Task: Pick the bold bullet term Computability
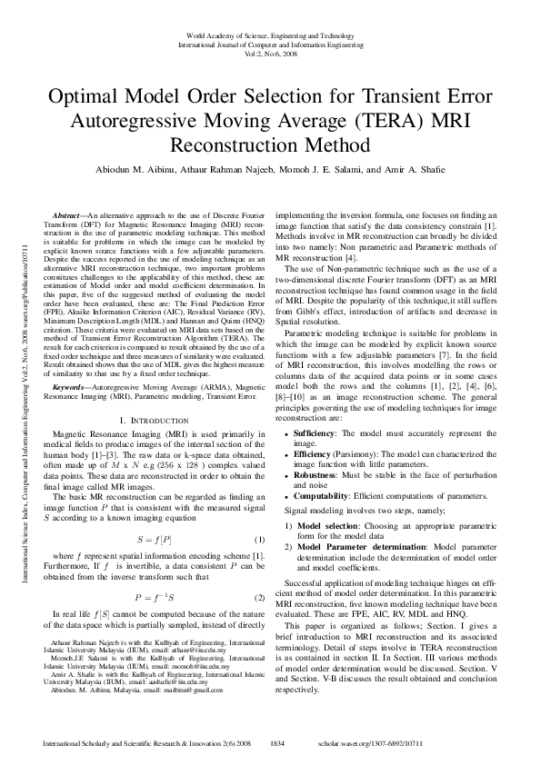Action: tap(322, 497)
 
